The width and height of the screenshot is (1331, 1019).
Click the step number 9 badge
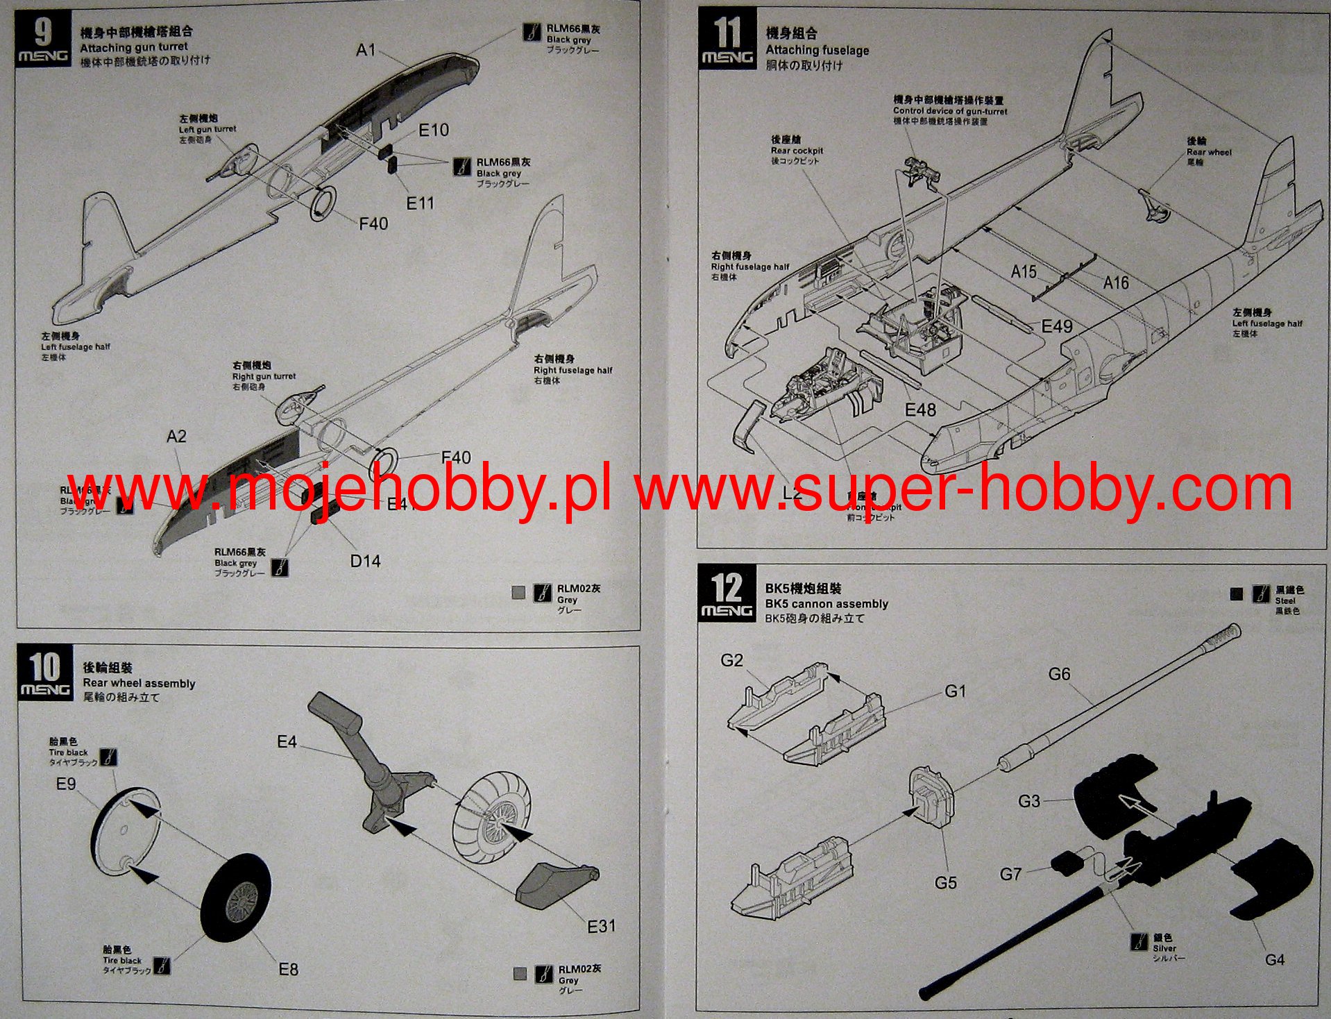(x=42, y=40)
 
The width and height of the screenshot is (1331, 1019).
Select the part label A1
(x=366, y=50)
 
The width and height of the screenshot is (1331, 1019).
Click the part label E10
(x=434, y=130)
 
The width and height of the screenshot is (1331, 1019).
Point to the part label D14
(x=365, y=561)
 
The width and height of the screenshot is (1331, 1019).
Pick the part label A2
(x=176, y=437)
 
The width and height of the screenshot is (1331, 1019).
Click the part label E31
(x=601, y=927)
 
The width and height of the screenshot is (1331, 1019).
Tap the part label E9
(x=66, y=784)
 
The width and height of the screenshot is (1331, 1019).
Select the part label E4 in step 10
(x=287, y=742)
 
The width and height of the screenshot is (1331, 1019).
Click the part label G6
(x=1059, y=674)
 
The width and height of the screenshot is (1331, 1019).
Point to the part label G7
(x=1010, y=874)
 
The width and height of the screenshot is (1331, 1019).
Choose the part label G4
(x=1274, y=960)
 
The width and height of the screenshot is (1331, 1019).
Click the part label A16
(x=1116, y=283)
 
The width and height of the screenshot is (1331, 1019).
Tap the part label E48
(x=920, y=410)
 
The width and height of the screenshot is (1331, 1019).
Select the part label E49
(x=1057, y=326)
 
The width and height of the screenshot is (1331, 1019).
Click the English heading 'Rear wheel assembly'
(x=139, y=683)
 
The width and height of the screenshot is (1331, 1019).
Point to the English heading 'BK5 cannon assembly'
(x=826, y=604)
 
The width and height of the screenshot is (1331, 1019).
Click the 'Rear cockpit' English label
(x=797, y=151)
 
